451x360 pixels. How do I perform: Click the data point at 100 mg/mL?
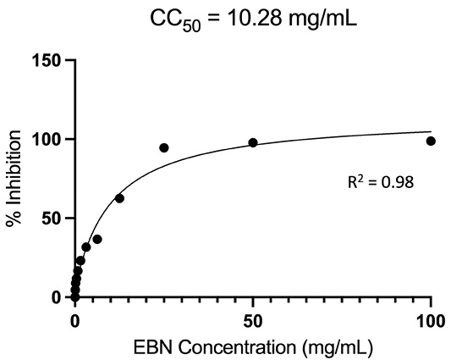click(431, 141)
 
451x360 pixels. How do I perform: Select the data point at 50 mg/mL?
click(253, 142)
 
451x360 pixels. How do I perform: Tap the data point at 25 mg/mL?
click(164, 147)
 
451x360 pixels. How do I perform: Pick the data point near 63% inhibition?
click(119, 198)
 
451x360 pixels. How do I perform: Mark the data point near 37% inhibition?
click(97, 239)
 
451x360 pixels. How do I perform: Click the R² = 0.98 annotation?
click(381, 181)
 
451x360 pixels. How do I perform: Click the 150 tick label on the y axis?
click(47, 60)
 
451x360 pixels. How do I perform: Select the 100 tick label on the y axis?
click(47, 140)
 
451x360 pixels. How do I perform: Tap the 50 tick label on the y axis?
click(52, 219)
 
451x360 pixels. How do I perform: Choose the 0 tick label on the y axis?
click(57, 297)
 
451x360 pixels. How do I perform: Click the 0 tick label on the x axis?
click(74, 321)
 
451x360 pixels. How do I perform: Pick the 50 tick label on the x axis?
click(253, 321)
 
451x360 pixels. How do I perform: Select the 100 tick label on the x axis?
click(431, 321)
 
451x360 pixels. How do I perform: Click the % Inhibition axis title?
click(14, 179)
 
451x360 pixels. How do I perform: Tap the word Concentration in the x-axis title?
click(237, 347)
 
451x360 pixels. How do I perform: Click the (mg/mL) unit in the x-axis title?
click(337, 348)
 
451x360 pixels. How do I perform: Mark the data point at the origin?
click(74, 296)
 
